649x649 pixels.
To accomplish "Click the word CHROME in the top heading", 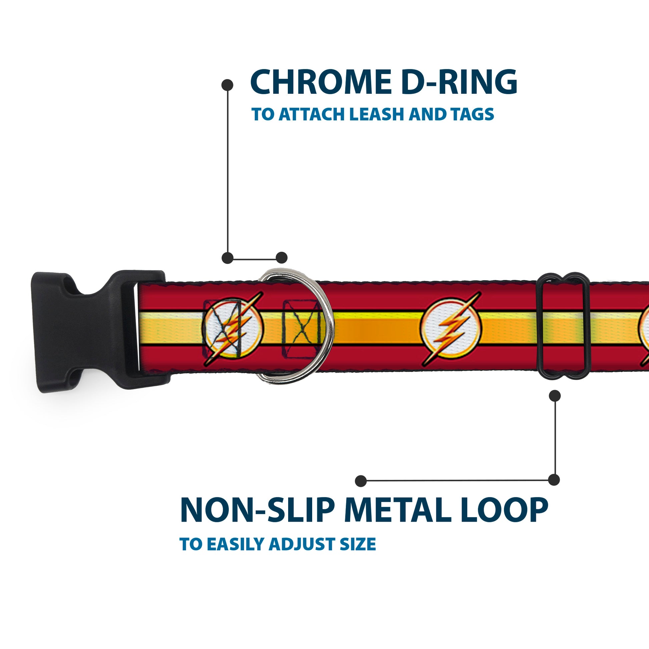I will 320,82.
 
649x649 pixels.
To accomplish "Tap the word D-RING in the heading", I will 459,82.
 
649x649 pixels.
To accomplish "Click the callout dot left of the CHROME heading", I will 227,85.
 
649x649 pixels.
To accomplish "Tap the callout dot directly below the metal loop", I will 554,396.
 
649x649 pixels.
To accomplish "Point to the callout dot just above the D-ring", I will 281,258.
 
